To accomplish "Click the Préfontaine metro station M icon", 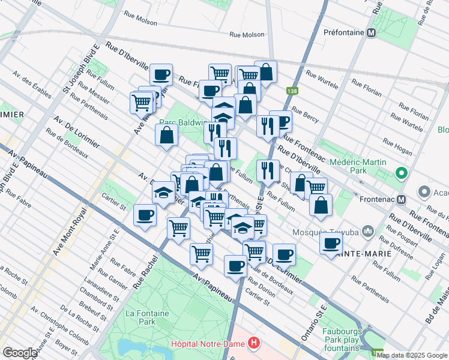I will tap(372, 33).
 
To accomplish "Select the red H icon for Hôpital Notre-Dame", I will tap(255, 344).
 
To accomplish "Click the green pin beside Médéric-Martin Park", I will tap(401, 175).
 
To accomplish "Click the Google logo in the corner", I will tap(20, 352).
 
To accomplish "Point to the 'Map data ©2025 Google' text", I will tap(412, 355).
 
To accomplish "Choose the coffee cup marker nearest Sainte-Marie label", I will tap(331, 243).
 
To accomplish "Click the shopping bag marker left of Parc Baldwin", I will tap(166, 134).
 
